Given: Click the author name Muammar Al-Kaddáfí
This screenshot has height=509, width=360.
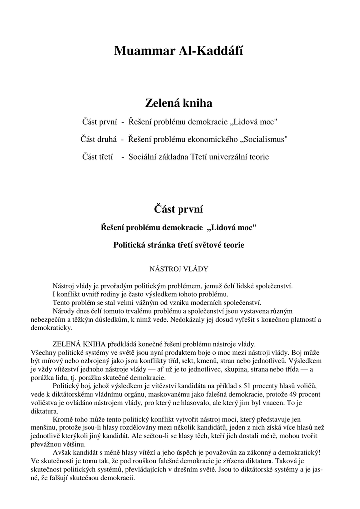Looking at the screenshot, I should click(x=179, y=51).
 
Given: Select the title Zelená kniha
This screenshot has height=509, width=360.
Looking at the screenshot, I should click(x=179, y=103).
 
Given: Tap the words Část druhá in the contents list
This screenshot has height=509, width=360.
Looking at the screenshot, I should click(x=98, y=139).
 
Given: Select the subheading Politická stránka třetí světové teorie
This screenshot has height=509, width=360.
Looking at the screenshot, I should click(x=179, y=245).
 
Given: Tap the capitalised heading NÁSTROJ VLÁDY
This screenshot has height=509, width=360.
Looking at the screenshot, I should click(x=179, y=269).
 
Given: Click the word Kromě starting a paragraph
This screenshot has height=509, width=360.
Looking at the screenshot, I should click(x=63, y=420).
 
